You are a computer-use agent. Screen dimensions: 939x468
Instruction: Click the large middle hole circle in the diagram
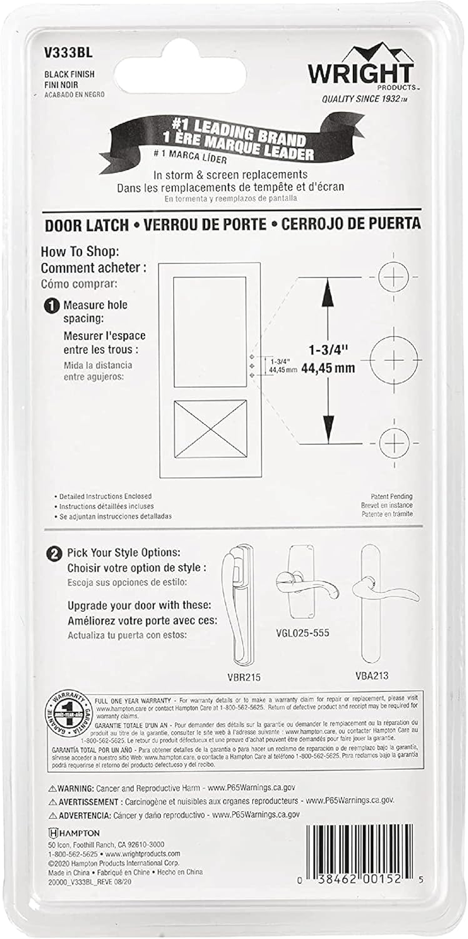point(394,358)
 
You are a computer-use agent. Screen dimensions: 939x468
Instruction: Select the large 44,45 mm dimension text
point(328,369)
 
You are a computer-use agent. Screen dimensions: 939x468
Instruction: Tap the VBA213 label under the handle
point(371,675)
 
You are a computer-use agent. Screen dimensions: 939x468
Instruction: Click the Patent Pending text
point(391,496)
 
